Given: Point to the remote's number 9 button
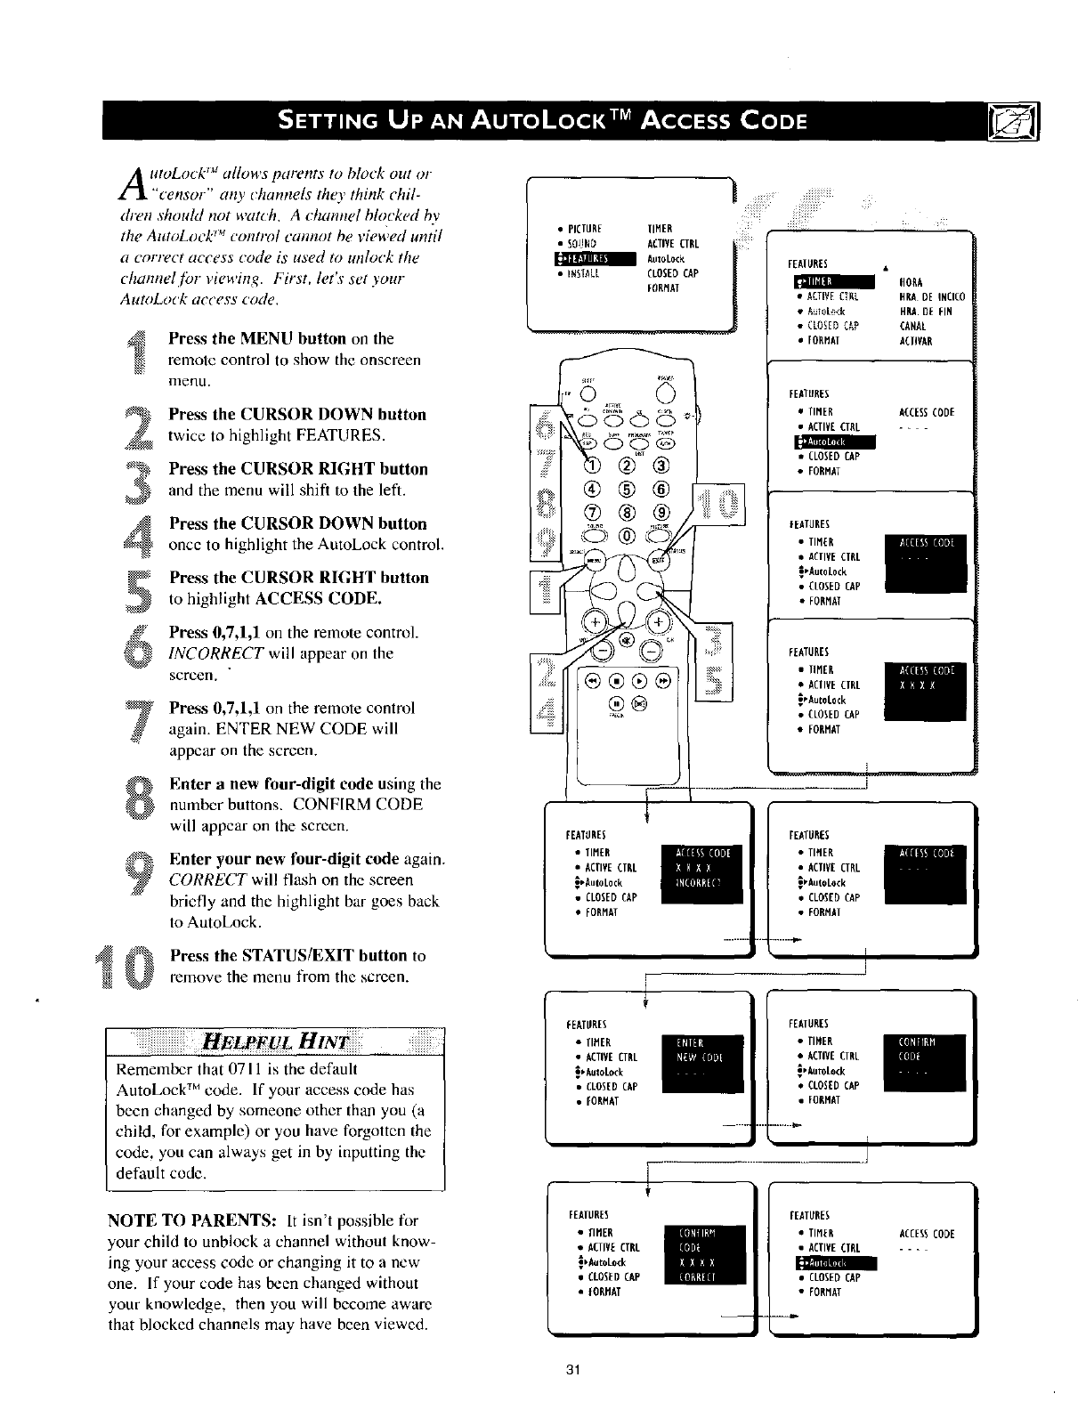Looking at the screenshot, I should coord(660,512).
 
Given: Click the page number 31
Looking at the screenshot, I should coord(572,1370).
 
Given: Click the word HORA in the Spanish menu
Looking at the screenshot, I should coord(911,284).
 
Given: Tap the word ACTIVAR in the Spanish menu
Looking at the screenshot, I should coord(915,341).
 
